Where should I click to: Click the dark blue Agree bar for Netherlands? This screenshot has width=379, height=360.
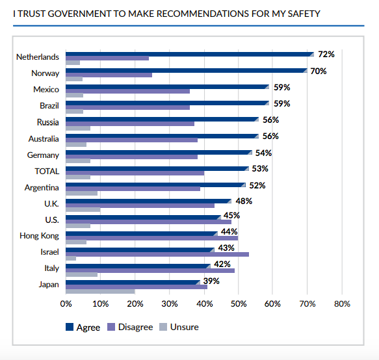tap(190, 54)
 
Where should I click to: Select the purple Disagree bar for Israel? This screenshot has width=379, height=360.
tap(157, 254)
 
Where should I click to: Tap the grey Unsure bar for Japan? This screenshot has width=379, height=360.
tap(100, 291)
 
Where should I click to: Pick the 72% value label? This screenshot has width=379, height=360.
tap(326, 55)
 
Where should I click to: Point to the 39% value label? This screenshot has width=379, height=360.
tap(211, 281)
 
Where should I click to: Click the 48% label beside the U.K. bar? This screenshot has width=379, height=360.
tap(244, 201)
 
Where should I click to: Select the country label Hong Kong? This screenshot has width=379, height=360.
tap(39, 236)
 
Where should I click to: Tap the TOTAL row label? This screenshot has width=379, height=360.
tap(47, 171)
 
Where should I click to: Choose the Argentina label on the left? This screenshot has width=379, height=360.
tap(42, 188)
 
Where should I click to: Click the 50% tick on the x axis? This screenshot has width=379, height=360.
tap(239, 303)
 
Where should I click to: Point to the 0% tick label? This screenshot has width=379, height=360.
tap(66, 303)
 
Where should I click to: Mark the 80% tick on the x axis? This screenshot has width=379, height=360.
tap(342, 303)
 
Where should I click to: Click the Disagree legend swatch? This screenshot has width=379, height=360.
tap(111, 327)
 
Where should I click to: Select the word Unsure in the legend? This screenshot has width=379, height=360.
tap(185, 327)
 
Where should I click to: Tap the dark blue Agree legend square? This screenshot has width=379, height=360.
tap(70, 327)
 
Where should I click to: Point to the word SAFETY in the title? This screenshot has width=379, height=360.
tap(304, 14)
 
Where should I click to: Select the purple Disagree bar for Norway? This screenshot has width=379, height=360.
tap(109, 75)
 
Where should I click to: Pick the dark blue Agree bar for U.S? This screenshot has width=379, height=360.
tap(143, 217)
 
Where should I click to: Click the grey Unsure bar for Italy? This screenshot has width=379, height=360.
tap(81, 274)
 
